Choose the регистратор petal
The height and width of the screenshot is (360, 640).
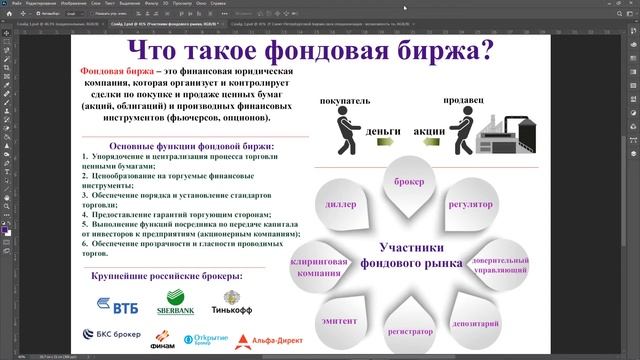tap(410, 330)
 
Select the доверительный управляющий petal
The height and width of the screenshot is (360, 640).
tap(500, 264)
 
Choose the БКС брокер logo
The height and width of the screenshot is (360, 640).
tap(118, 339)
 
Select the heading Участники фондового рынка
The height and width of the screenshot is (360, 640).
tap(419, 255)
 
